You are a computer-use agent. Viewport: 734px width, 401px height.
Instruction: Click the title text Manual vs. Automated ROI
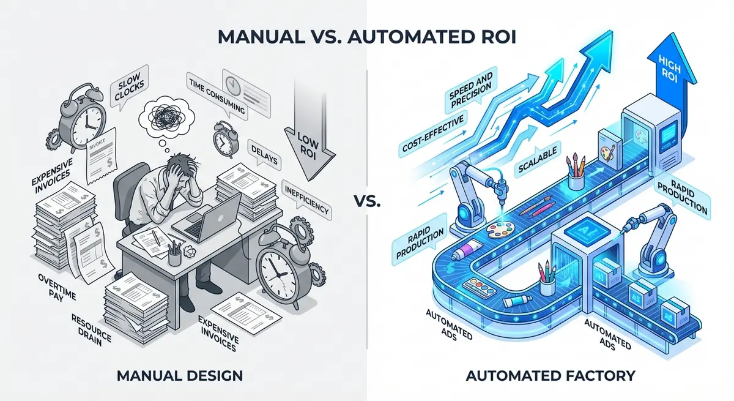point(367,36)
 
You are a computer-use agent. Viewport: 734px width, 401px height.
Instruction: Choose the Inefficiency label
point(306,200)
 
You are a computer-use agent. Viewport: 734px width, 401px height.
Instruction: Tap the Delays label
point(262,157)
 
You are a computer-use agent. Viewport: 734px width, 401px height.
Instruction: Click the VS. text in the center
point(367,200)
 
